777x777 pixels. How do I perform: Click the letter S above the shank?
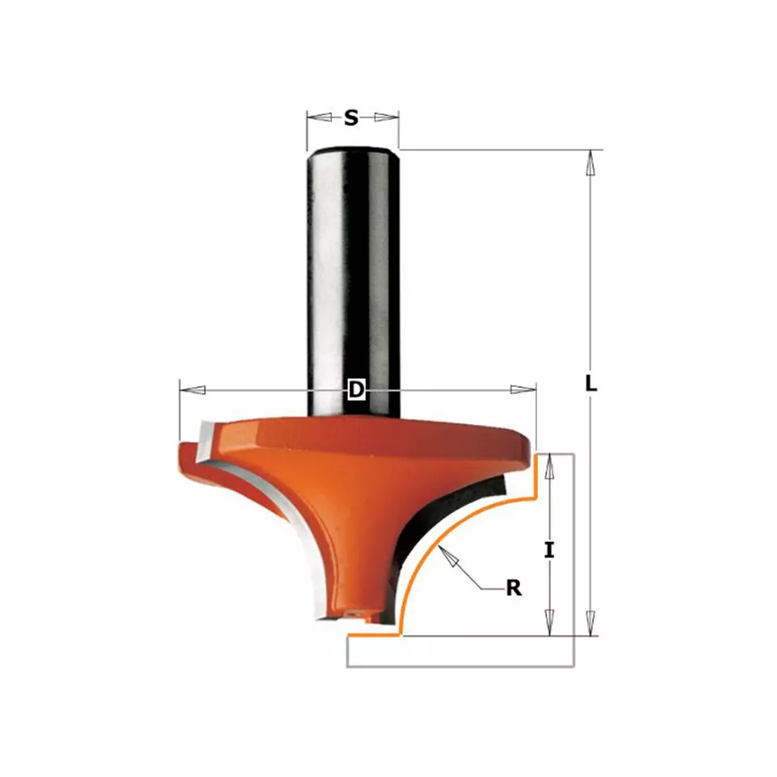[x=351, y=118]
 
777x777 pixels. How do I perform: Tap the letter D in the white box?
[x=356, y=389]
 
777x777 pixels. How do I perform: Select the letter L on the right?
[x=590, y=384]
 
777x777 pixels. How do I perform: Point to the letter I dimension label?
[x=549, y=550]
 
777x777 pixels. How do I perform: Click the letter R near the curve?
[x=514, y=588]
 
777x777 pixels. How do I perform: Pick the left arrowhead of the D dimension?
[x=192, y=389]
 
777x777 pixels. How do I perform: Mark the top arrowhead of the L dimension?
[x=590, y=162]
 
